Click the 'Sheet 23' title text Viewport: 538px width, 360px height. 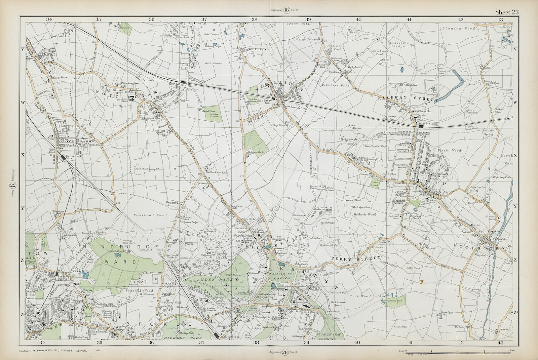(507, 12)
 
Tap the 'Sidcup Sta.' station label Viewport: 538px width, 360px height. (423, 124)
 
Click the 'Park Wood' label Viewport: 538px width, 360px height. (360, 296)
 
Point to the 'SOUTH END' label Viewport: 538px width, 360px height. (257, 49)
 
